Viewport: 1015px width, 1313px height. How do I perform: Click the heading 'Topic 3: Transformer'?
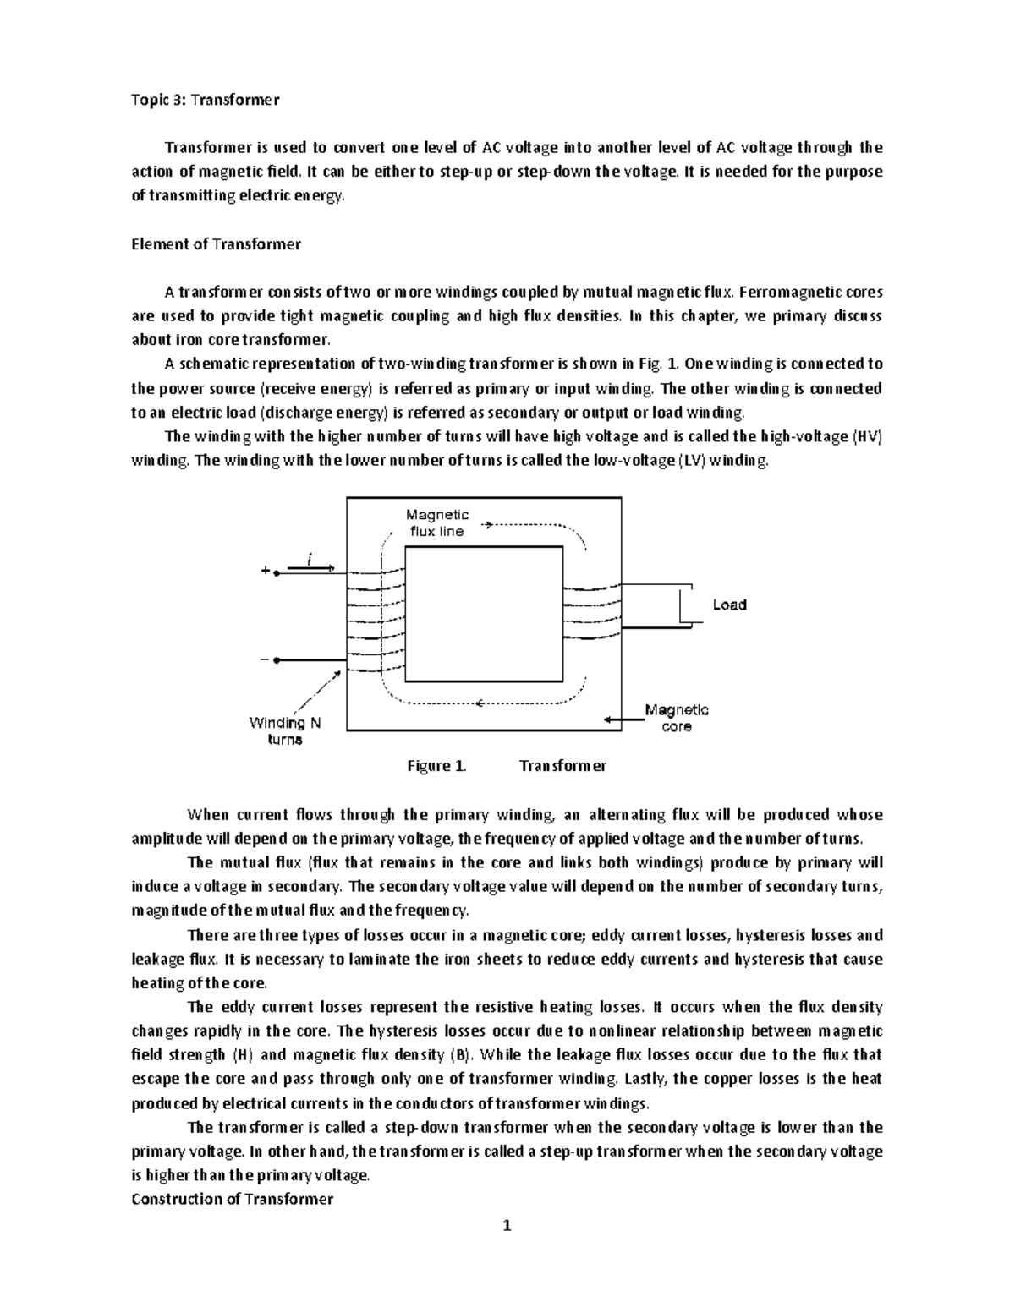[x=205, y=100]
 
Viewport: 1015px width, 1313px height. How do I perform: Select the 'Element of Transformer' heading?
[x=216, y=244]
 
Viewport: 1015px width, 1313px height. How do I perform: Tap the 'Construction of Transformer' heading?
[x=233, y=1199]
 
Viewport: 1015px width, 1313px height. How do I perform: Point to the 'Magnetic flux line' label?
[x=436, y=523]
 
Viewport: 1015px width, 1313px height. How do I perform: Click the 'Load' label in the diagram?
[x=728, y=605]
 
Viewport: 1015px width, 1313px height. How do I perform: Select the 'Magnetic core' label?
[x=677, y=718]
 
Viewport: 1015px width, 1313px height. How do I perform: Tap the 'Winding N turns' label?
[x=285, y=730]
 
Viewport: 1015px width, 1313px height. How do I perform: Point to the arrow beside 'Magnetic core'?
[x=623, y=719]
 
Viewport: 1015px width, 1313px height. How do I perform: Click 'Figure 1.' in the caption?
[x=436, y=766]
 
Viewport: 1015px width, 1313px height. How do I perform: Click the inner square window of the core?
[x=484, y=614]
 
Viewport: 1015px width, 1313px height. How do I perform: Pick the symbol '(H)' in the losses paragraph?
[x=241, y=1055]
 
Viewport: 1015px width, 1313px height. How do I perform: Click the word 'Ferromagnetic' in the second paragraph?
[x=810, y=293]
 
